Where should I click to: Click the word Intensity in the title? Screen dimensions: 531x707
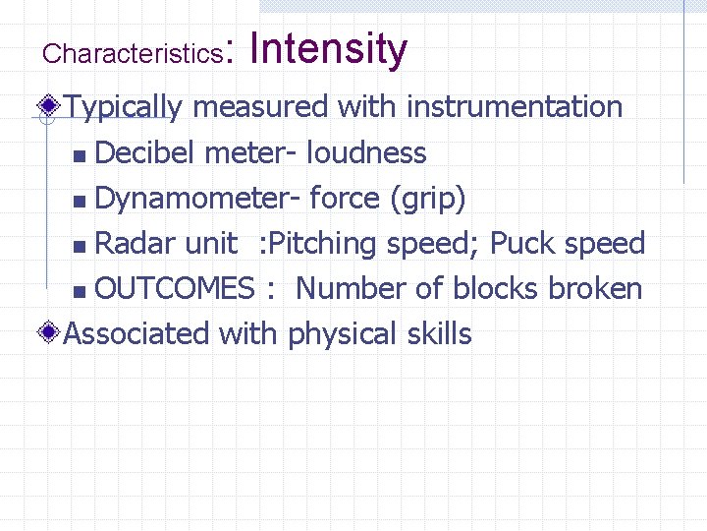pyautogui.click(x=329, y=49)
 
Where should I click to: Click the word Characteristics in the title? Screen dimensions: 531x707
pyautogui.click(x=133, y=54)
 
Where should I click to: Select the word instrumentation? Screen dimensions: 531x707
pyautogui.click(x=515, y=106)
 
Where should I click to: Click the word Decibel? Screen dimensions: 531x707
pyautogui.click(x=144, y=153)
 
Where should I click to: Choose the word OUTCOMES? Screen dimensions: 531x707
pyautogui.click(x=175, y=289)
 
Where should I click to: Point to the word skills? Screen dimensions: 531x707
pyautogui.click(x=439, y=334)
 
